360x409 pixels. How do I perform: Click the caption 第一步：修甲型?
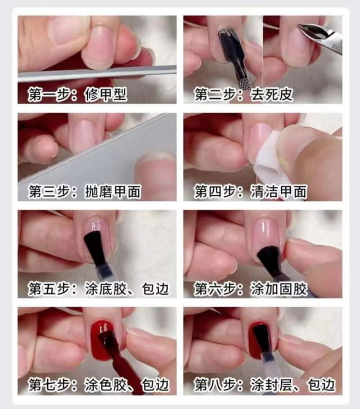[x=78, y=94]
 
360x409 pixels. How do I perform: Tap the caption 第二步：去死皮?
[x=244, y=94]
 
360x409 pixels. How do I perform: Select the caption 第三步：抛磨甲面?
[x=84, y=192]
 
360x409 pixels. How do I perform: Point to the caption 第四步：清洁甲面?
[x=250, y=192]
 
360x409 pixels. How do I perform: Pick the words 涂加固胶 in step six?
[x=279, y=289]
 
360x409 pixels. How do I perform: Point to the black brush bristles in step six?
[x=269, y=259]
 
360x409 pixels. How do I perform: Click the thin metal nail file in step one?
[x=97, y=73]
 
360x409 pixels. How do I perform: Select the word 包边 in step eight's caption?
[x=321, y=385]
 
